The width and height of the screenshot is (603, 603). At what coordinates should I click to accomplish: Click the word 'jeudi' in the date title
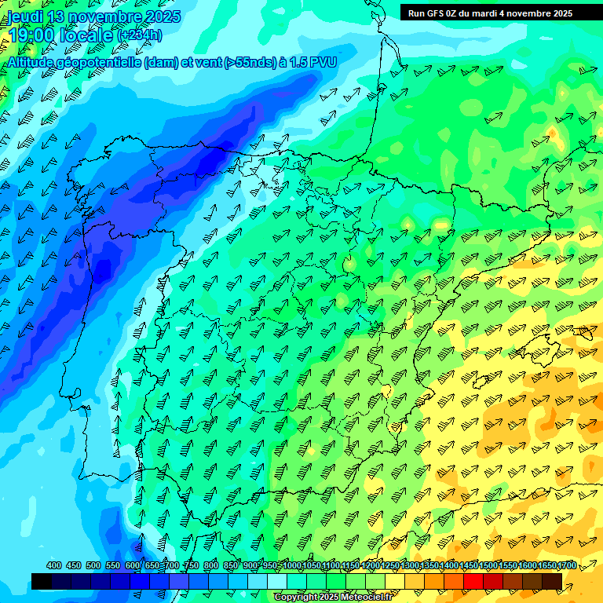coord(25,16)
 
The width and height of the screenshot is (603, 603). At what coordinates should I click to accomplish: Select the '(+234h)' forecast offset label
coord(140,35)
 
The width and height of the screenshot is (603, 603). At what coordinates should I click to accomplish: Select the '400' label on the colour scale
coord(54,566)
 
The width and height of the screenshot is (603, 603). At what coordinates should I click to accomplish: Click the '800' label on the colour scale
coord(211,566)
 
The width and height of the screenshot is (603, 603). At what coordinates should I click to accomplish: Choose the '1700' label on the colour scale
coord(566,566)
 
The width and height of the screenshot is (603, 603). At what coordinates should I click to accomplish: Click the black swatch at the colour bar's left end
coord(42,581)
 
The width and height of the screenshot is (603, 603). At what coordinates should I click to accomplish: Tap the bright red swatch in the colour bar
coord(473,581)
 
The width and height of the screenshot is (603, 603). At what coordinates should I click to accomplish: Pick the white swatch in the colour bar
coord(277,581)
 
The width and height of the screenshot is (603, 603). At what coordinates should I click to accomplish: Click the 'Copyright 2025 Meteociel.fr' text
coord(334,598)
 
